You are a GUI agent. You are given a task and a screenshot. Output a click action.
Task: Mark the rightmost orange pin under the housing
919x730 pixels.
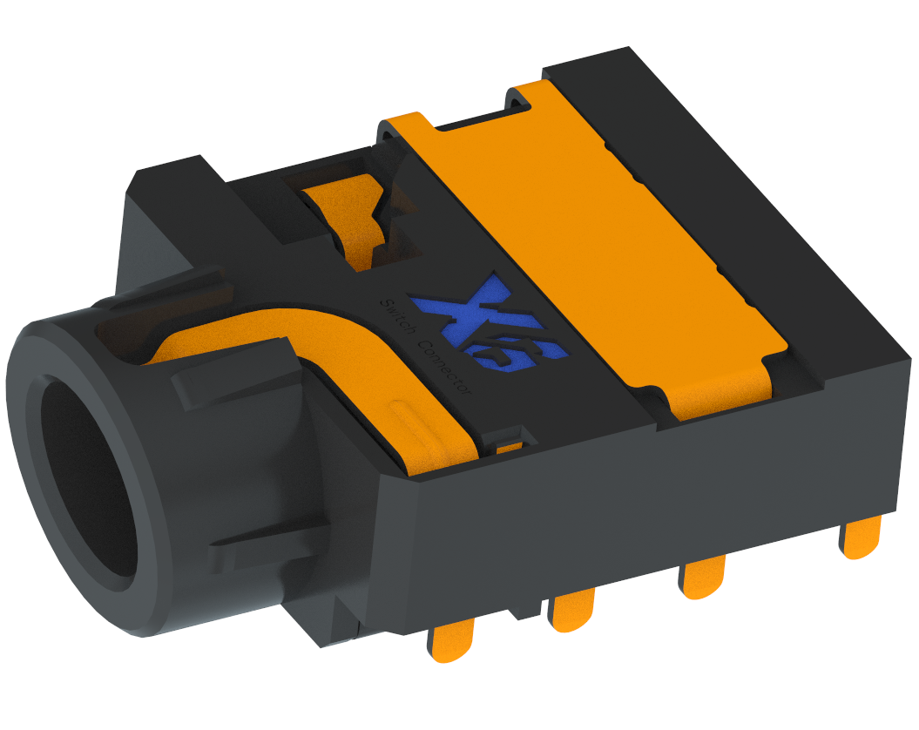pos(862,537)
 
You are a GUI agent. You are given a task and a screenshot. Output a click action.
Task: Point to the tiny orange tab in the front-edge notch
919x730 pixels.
pos(510,445)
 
